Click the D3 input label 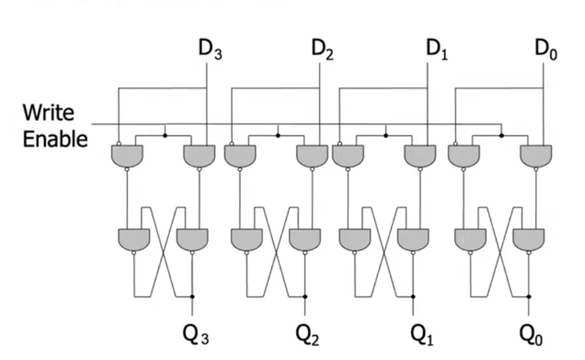[209, 50]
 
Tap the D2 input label [322, 50]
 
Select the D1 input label [436, 50]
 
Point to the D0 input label [547, 50]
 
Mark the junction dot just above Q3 [192, 296]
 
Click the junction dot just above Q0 [529, 296]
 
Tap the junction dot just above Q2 [305, 296]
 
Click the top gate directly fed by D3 [199, 155]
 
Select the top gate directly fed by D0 [536, 155]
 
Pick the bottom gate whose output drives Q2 [305, 238]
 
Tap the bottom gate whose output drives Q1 [414, 238]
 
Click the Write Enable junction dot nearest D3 [164, 135]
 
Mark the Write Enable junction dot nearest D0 [501, 135]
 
